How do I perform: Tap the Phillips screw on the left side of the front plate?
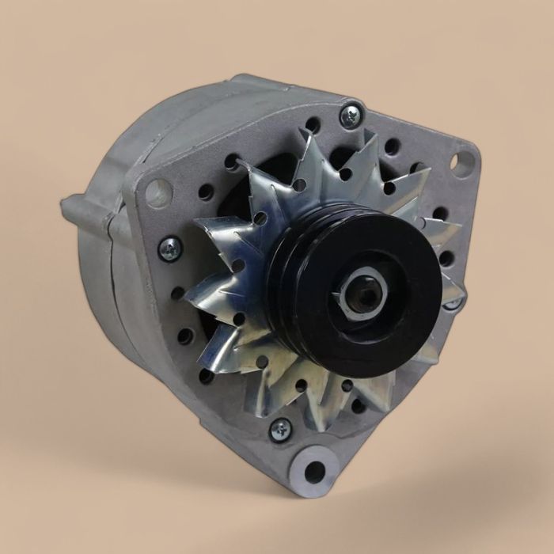point(169,249)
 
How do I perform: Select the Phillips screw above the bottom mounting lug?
point(279,430)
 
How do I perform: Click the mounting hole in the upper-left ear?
point(159,192)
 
